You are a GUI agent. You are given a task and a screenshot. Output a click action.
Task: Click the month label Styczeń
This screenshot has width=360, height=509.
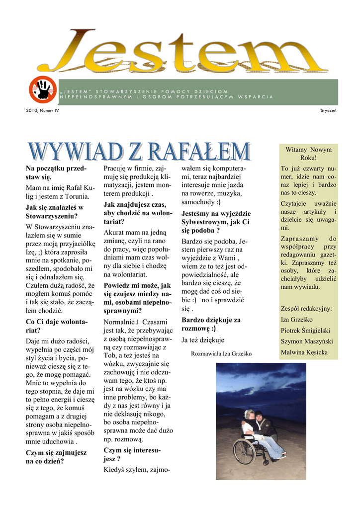(328, 110)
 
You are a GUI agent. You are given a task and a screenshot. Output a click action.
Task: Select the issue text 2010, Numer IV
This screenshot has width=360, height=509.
(42, 110)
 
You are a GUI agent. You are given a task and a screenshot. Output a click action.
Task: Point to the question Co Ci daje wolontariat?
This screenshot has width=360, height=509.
(56, 326)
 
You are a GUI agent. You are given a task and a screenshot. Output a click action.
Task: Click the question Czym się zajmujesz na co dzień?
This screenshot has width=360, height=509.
(56, 456)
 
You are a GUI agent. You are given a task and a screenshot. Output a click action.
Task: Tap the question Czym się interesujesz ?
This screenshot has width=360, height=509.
(132, 454)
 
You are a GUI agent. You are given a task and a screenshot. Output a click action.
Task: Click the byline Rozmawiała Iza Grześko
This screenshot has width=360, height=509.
(221, 353)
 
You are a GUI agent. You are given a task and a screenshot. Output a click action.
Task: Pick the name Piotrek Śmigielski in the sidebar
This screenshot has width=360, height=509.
(305, 331)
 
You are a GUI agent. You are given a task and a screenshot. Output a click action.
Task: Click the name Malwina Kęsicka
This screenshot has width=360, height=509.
(304, 352)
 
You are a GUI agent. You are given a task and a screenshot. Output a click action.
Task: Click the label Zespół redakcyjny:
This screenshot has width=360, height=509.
(306, 309)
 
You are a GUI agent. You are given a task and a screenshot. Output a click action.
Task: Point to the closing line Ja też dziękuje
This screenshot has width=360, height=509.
(203, 340)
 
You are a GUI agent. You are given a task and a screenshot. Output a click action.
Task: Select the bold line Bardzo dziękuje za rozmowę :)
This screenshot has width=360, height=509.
(211, 324)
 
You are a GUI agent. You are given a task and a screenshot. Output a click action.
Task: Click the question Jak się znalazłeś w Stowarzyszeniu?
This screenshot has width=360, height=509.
(54, 212)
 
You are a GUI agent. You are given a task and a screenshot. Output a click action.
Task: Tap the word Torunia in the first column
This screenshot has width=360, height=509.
(74, 196)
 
